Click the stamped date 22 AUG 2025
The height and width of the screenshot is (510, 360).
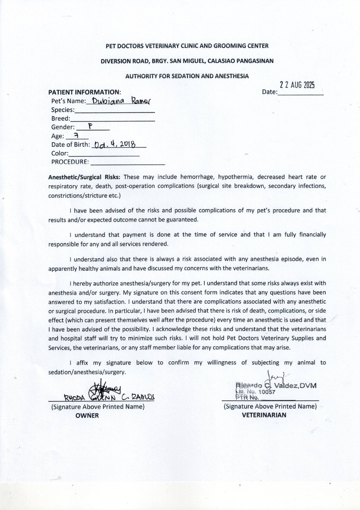click(x=297, y=85)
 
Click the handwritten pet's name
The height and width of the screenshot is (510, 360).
click(x=118, y=101)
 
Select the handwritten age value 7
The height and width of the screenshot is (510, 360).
click(x=75, y=136)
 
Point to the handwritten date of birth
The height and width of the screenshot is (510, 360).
click(x=115, y=144)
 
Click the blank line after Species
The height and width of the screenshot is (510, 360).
click(x=115, y=112)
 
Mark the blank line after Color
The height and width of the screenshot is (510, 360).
click(x=104, y=155)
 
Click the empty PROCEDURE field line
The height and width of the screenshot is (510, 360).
click(x=128, y=163)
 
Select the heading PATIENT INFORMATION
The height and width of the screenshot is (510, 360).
click(x=85, y=92)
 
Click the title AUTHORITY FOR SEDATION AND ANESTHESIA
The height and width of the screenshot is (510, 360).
click(x=187, y=76)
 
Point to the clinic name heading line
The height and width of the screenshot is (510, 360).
click(x=187, y=46)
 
